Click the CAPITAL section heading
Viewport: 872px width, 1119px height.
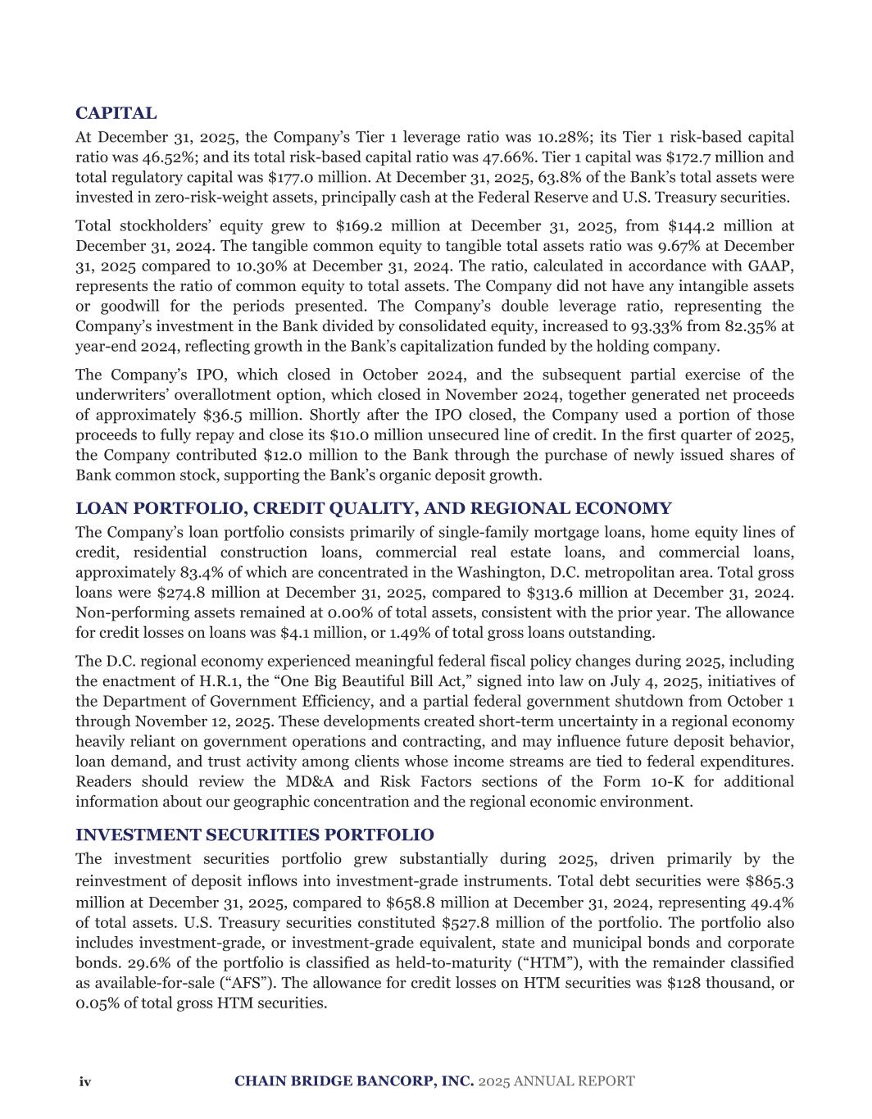[x=116, y=113]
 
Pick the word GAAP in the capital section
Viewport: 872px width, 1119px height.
[x=773, y=266]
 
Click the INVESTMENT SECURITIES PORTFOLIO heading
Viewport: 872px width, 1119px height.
[x=255, y=835]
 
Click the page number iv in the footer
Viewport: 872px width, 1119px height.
[x=84, y=1082]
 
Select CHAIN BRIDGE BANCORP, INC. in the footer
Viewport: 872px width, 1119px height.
[x=354, y=1081]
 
